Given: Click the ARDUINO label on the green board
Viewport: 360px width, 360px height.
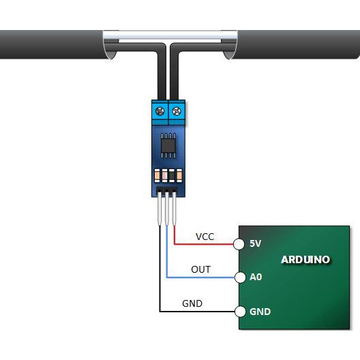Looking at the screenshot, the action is (x=305, y=260).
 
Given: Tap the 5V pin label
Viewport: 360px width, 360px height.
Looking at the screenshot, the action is (x=255, y=243).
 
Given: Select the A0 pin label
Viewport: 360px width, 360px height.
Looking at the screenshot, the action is (x=256, y=277).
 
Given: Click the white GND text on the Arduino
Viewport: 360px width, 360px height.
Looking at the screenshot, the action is (x=260, y=312).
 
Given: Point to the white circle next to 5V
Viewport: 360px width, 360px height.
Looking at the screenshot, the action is (x=239, y=244).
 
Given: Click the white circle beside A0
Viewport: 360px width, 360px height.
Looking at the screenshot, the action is (x=240, y=277).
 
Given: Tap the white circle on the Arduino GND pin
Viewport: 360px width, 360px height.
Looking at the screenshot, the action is (x=240, y=312).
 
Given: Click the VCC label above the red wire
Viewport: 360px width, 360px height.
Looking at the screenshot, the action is (x=205, y=237).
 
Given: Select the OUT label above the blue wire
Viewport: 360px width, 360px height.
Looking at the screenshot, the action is (x=200, y=269).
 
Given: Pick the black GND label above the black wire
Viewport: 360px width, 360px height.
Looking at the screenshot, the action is (x=192, y=303).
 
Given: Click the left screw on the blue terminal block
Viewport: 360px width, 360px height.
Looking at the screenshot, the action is (x=160, y=111).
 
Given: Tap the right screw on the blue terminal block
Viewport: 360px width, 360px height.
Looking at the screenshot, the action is (x=177, y=111).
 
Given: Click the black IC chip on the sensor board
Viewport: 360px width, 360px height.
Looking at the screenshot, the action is (x=168, y=145).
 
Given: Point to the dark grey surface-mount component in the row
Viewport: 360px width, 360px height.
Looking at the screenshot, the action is (x=172, y=176).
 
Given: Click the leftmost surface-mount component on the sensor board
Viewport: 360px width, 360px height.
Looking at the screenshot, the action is (x=157, y=176).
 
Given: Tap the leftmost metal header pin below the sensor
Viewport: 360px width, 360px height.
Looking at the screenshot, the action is (x=160, y=209).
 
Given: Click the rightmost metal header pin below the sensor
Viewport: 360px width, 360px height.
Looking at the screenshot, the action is (x=175, y=209).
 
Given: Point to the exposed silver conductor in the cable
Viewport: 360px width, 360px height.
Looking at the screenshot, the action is (x=170, y=37).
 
